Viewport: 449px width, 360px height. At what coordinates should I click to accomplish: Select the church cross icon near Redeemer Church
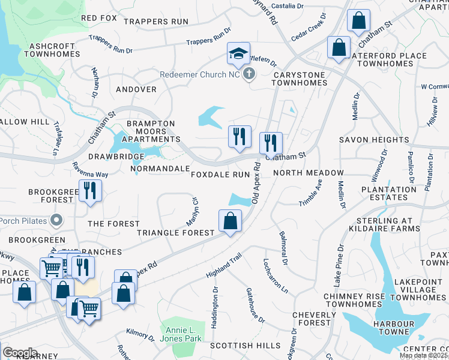click(x=249, y=74)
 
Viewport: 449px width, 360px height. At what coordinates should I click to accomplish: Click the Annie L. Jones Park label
click(x=181, y=335)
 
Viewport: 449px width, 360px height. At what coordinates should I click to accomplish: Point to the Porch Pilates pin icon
click(x=56, y=220)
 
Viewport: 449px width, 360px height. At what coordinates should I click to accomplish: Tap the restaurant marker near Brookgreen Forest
click(x=91, y=191)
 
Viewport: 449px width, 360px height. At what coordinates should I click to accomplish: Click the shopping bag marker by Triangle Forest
click(x=230, y=221)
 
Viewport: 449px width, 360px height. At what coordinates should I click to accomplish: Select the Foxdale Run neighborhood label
click(x=220, y=174)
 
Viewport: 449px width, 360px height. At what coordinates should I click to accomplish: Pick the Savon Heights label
click(x=374, y=140)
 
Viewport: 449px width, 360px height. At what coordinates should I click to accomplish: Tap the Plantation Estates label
click(x=388, y=193)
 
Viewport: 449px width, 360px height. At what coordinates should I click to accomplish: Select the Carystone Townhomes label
click(x=291, y=79)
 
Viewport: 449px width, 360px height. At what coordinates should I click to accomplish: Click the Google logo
click(x=19, y=353)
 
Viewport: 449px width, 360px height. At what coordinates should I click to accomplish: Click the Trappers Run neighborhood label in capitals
click(x=155, y=22)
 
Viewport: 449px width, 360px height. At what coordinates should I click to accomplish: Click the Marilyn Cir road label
click(x=194, y=208)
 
